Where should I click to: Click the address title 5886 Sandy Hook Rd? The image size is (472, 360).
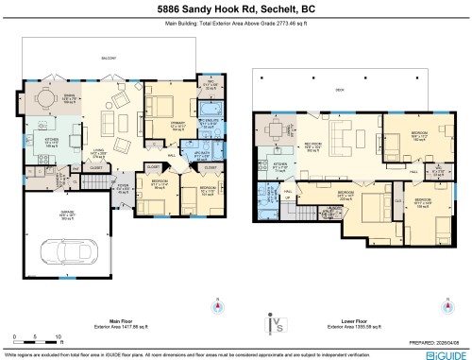point(235,9)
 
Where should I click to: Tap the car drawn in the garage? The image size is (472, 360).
point(59,251)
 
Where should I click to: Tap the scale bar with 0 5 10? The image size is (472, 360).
point(34,339)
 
